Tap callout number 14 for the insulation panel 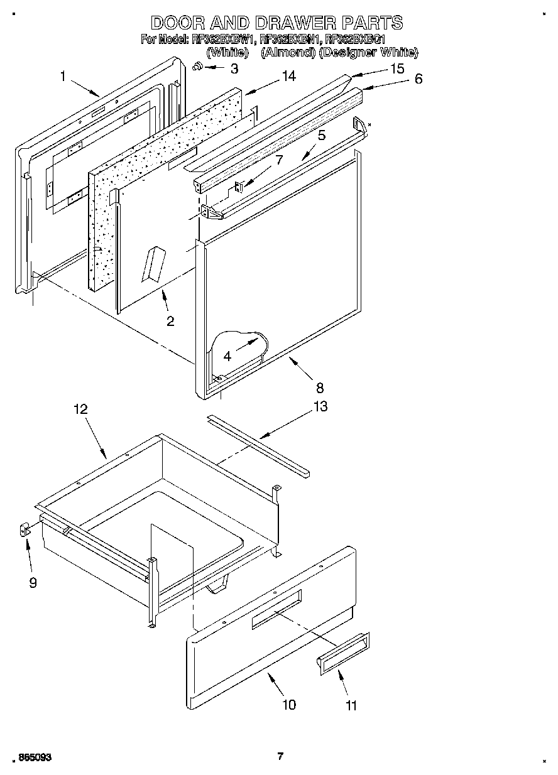click(x=288, y=77)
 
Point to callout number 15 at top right click(x=397, y=68)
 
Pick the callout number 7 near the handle click(x=279, y=160)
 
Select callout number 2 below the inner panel click(x=170, y=322)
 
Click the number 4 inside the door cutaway click(x=227, y=355)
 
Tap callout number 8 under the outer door click(x=320, y=387)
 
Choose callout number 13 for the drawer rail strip click(x=320, y=407)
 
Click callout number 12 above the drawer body click(x=80, y=409)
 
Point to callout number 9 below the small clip click(x=33, y=583)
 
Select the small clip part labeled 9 click(x=25, y=531)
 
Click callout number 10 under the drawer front click(x=288, y=705)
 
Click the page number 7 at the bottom click(x=280, y=756)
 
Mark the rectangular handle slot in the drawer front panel click(x=276, y=609)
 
